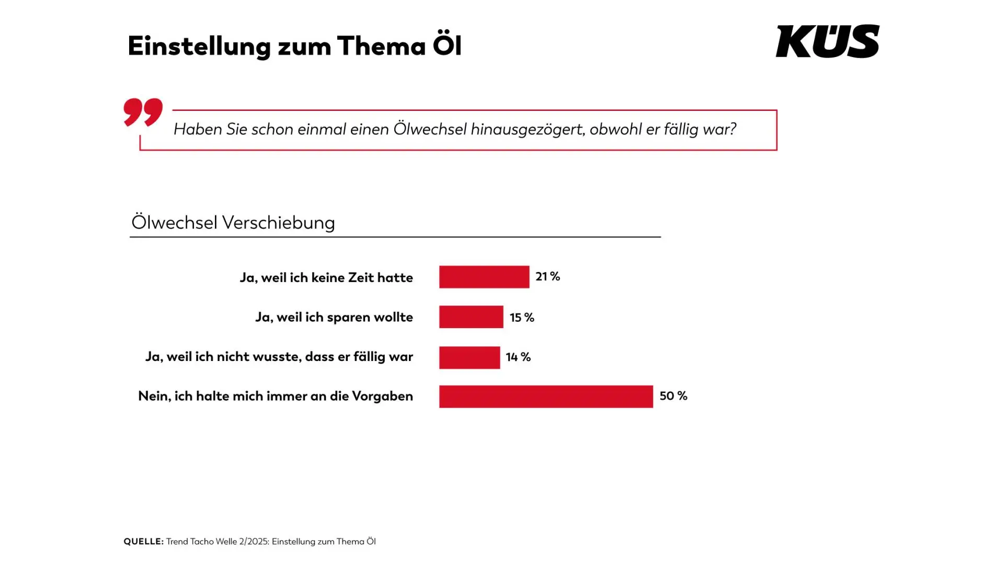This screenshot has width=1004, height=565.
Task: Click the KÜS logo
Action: point(827,41)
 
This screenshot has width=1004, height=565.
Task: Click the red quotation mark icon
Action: point(143,111)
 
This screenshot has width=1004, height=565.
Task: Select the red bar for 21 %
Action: point(484,277)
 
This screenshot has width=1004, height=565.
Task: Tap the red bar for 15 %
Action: point(471,317)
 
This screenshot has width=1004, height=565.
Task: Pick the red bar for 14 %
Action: point(469,357)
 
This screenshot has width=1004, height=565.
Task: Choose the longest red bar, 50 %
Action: point(545,397)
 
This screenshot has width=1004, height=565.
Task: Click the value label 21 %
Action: point(547,276)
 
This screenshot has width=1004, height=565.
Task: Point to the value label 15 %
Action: point(522,318)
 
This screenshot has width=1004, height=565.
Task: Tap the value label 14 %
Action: point(518,357)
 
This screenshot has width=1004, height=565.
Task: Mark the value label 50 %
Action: point(673,396)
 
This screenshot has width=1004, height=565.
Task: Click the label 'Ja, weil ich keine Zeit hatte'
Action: point(326,277)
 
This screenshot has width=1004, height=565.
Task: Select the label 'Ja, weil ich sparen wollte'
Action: point(334,317)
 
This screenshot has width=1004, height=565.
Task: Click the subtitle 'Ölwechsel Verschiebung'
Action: point(233,222)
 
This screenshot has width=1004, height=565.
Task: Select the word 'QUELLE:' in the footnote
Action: point(143,541)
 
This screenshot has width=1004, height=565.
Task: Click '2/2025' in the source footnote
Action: point(253,541)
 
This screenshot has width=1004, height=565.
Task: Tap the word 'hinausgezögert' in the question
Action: point(527,129)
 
